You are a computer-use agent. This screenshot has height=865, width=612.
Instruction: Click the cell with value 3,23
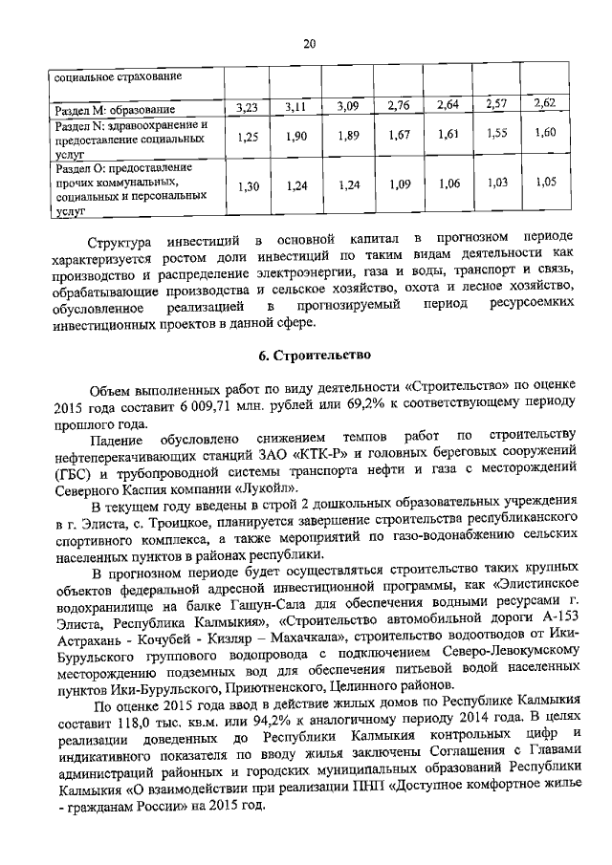point(249,108)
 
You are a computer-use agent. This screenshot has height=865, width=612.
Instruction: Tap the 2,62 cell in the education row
point(545,103)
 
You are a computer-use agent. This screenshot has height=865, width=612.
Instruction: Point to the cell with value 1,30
point(249,186)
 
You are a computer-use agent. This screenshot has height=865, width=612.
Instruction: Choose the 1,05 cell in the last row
point(545,182)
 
